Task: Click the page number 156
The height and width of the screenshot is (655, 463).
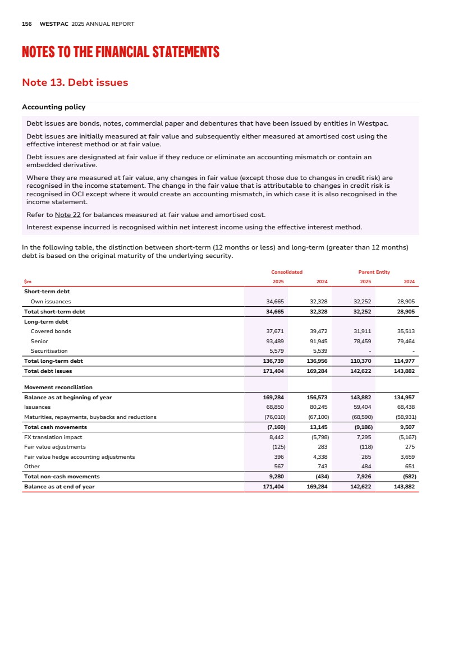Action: pos(26,24)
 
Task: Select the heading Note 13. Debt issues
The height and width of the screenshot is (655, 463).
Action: pos(75,82)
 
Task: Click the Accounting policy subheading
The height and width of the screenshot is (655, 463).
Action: pos(53,107)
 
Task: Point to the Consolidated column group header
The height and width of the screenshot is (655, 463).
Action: pos(287,272)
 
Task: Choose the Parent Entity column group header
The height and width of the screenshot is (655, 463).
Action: pos(374,272)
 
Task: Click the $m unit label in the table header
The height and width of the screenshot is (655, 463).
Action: pos(27,282)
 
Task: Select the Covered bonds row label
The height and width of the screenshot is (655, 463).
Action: pos(51,331)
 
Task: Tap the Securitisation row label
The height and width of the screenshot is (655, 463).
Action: pos(49,351)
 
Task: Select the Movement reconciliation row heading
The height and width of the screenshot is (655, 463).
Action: pos(58,388)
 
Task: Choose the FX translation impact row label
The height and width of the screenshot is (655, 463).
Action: pos(53,437)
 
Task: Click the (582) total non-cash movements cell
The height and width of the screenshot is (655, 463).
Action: pos(407,477)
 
